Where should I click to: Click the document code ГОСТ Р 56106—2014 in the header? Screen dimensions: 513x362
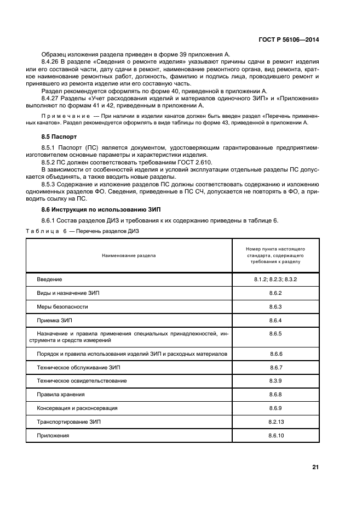pyautogui.click(x=289, y=39)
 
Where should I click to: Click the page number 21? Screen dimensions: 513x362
pyautogui.click(x=315, y=467)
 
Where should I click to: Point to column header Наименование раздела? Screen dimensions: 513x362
pyautogui.click(x=128, y=255)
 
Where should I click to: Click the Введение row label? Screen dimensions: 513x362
pyautogui.click(x=49, y=280)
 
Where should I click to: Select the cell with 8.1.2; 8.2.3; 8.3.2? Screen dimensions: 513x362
pyautogui.click(x=275, y=280)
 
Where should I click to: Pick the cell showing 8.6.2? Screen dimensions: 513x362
pyautogui.click(x=275, y=293)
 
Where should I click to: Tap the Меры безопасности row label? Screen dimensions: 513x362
pyautogui.click(x=62, y=306)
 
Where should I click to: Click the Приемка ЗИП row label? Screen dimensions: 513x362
pyautogui.click(x=54, y=320)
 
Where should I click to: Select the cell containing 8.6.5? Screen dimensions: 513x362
pyautogui.click(x=275, y=333)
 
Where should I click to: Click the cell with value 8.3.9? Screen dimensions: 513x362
pyautogui.click(x=275, y=380)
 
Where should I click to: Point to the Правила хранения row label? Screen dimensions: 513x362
pyautogui.click(x=61, y=394)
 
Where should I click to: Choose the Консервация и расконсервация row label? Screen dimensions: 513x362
pyautogui.click(x=77, y=408)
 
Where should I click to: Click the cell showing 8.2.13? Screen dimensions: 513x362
pyautogui.click(x=275, y=421)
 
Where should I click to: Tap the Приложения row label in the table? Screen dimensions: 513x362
pyautogui.click(x=53, y=435)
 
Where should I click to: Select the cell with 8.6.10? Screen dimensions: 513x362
pyautogui.click(x=275, y=435)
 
